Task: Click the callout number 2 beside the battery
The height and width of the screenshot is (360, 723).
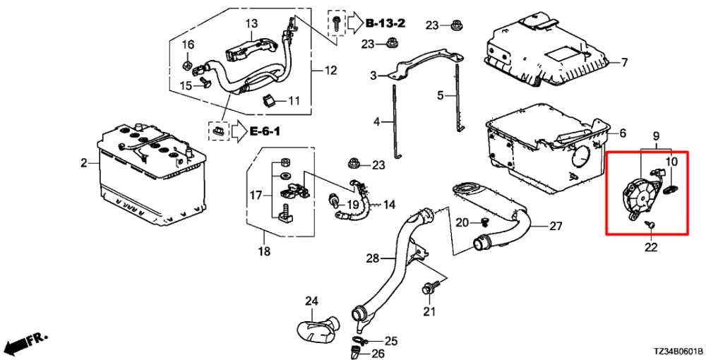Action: click(84, 163)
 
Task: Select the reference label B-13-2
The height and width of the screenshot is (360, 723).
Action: click(386, 23)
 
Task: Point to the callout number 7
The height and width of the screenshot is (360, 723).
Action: click(624, 62)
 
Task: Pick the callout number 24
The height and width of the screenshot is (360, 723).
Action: click(311, 301)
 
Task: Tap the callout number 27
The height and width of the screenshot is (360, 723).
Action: click(556, 227)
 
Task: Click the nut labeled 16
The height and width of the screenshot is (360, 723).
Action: click(187, 64)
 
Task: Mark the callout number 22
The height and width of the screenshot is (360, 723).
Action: click(650, 248)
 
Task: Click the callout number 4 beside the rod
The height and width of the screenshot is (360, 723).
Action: click(376, 123)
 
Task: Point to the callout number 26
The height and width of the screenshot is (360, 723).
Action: click(378, 354)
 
